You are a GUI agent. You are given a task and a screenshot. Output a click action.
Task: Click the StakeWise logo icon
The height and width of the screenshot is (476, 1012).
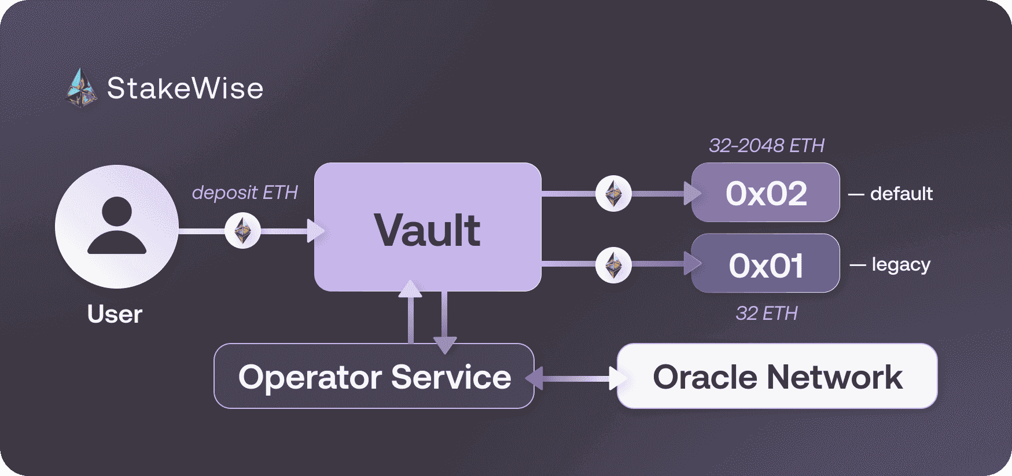point(81,88)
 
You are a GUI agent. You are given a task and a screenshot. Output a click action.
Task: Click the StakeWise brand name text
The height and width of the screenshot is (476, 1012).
point(185,88)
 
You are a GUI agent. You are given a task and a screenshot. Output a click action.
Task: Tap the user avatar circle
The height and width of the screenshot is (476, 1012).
point(117,226)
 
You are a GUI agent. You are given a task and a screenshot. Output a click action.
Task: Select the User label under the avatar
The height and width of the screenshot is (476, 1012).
point(115,314)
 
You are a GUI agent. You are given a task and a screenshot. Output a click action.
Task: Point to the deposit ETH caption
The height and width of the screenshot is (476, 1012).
point(245,192)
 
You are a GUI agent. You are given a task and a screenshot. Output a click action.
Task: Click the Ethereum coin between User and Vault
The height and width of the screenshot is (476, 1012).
point(242,231)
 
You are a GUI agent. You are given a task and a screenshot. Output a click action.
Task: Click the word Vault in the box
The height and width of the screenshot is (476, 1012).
point(427,230)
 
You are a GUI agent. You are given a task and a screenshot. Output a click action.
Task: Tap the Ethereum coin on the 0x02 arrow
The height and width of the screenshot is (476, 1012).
point(613,193)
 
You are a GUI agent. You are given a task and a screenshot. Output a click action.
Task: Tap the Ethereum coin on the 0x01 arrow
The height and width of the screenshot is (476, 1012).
point(613,265)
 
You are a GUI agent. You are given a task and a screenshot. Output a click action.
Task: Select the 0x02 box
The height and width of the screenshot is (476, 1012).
point(766,193)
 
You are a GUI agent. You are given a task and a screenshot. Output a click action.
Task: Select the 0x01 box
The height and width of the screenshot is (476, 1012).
point(766,264)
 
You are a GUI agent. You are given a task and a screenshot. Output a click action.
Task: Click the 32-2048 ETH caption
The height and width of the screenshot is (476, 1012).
point(766,145)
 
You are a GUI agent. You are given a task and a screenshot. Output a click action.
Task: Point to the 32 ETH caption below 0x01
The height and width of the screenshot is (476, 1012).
point(766,313)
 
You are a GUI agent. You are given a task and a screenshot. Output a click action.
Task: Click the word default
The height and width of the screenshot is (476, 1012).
point(901,193)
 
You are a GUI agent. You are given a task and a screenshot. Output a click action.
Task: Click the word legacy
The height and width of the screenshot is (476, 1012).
point(901,265)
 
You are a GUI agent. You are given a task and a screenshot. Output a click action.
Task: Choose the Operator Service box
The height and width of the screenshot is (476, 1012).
point(374,377)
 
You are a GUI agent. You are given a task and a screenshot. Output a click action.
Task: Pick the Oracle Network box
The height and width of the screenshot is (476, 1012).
point(777,377)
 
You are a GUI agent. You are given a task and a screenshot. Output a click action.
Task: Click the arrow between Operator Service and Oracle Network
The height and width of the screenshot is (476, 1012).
point(576,378)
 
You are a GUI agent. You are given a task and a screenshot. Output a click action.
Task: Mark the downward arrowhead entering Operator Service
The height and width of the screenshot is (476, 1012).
point(444,345)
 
